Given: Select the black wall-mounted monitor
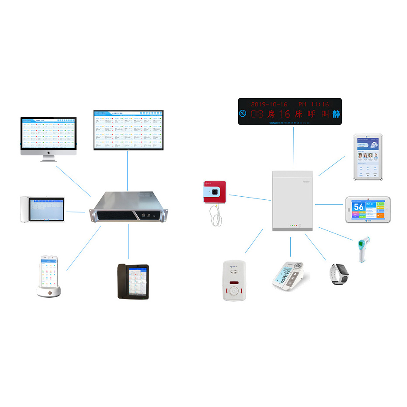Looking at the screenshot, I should click(128, 130).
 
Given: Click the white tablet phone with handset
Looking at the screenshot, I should click(42, 210).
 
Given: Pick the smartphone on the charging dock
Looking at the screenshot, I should click(49, 275).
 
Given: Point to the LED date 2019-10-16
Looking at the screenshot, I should click(269, 104).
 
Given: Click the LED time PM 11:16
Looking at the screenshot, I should click(313, 104).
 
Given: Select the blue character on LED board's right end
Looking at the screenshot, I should click(336, 115).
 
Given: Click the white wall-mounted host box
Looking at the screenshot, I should click(292, 200).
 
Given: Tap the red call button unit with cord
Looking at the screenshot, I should click(214, 192).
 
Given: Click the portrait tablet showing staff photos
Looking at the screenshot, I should click(368, 157).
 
